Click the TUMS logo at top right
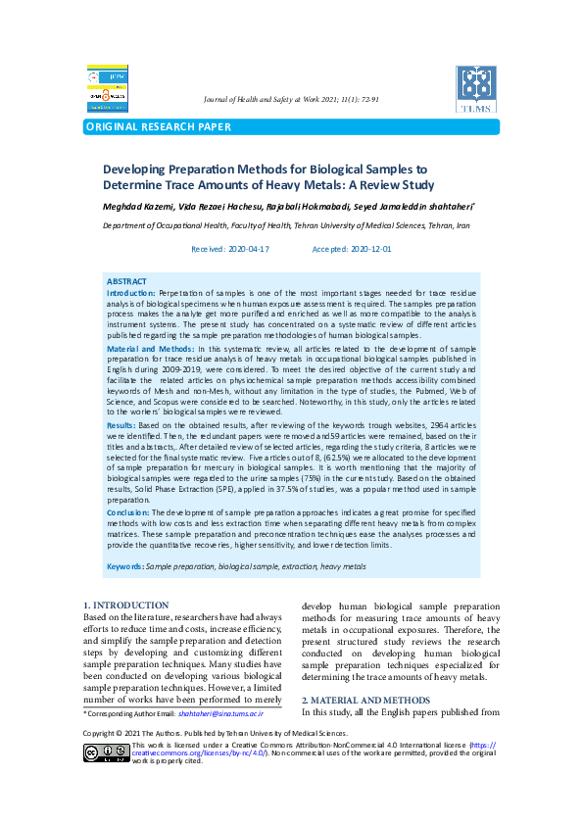point(476,89)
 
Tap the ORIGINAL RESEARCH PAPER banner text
point(159,127)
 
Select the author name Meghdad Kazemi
point(138,207)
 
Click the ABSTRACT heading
point(126,281)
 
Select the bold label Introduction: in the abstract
point(130,293)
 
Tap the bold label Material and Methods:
point(150,349)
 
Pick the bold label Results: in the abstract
point(121,426)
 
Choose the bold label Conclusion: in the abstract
point(127,511)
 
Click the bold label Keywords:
point(124,566)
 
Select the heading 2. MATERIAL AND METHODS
point(365,700)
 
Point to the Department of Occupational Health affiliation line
point(286,225)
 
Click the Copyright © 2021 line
point(215,733)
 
